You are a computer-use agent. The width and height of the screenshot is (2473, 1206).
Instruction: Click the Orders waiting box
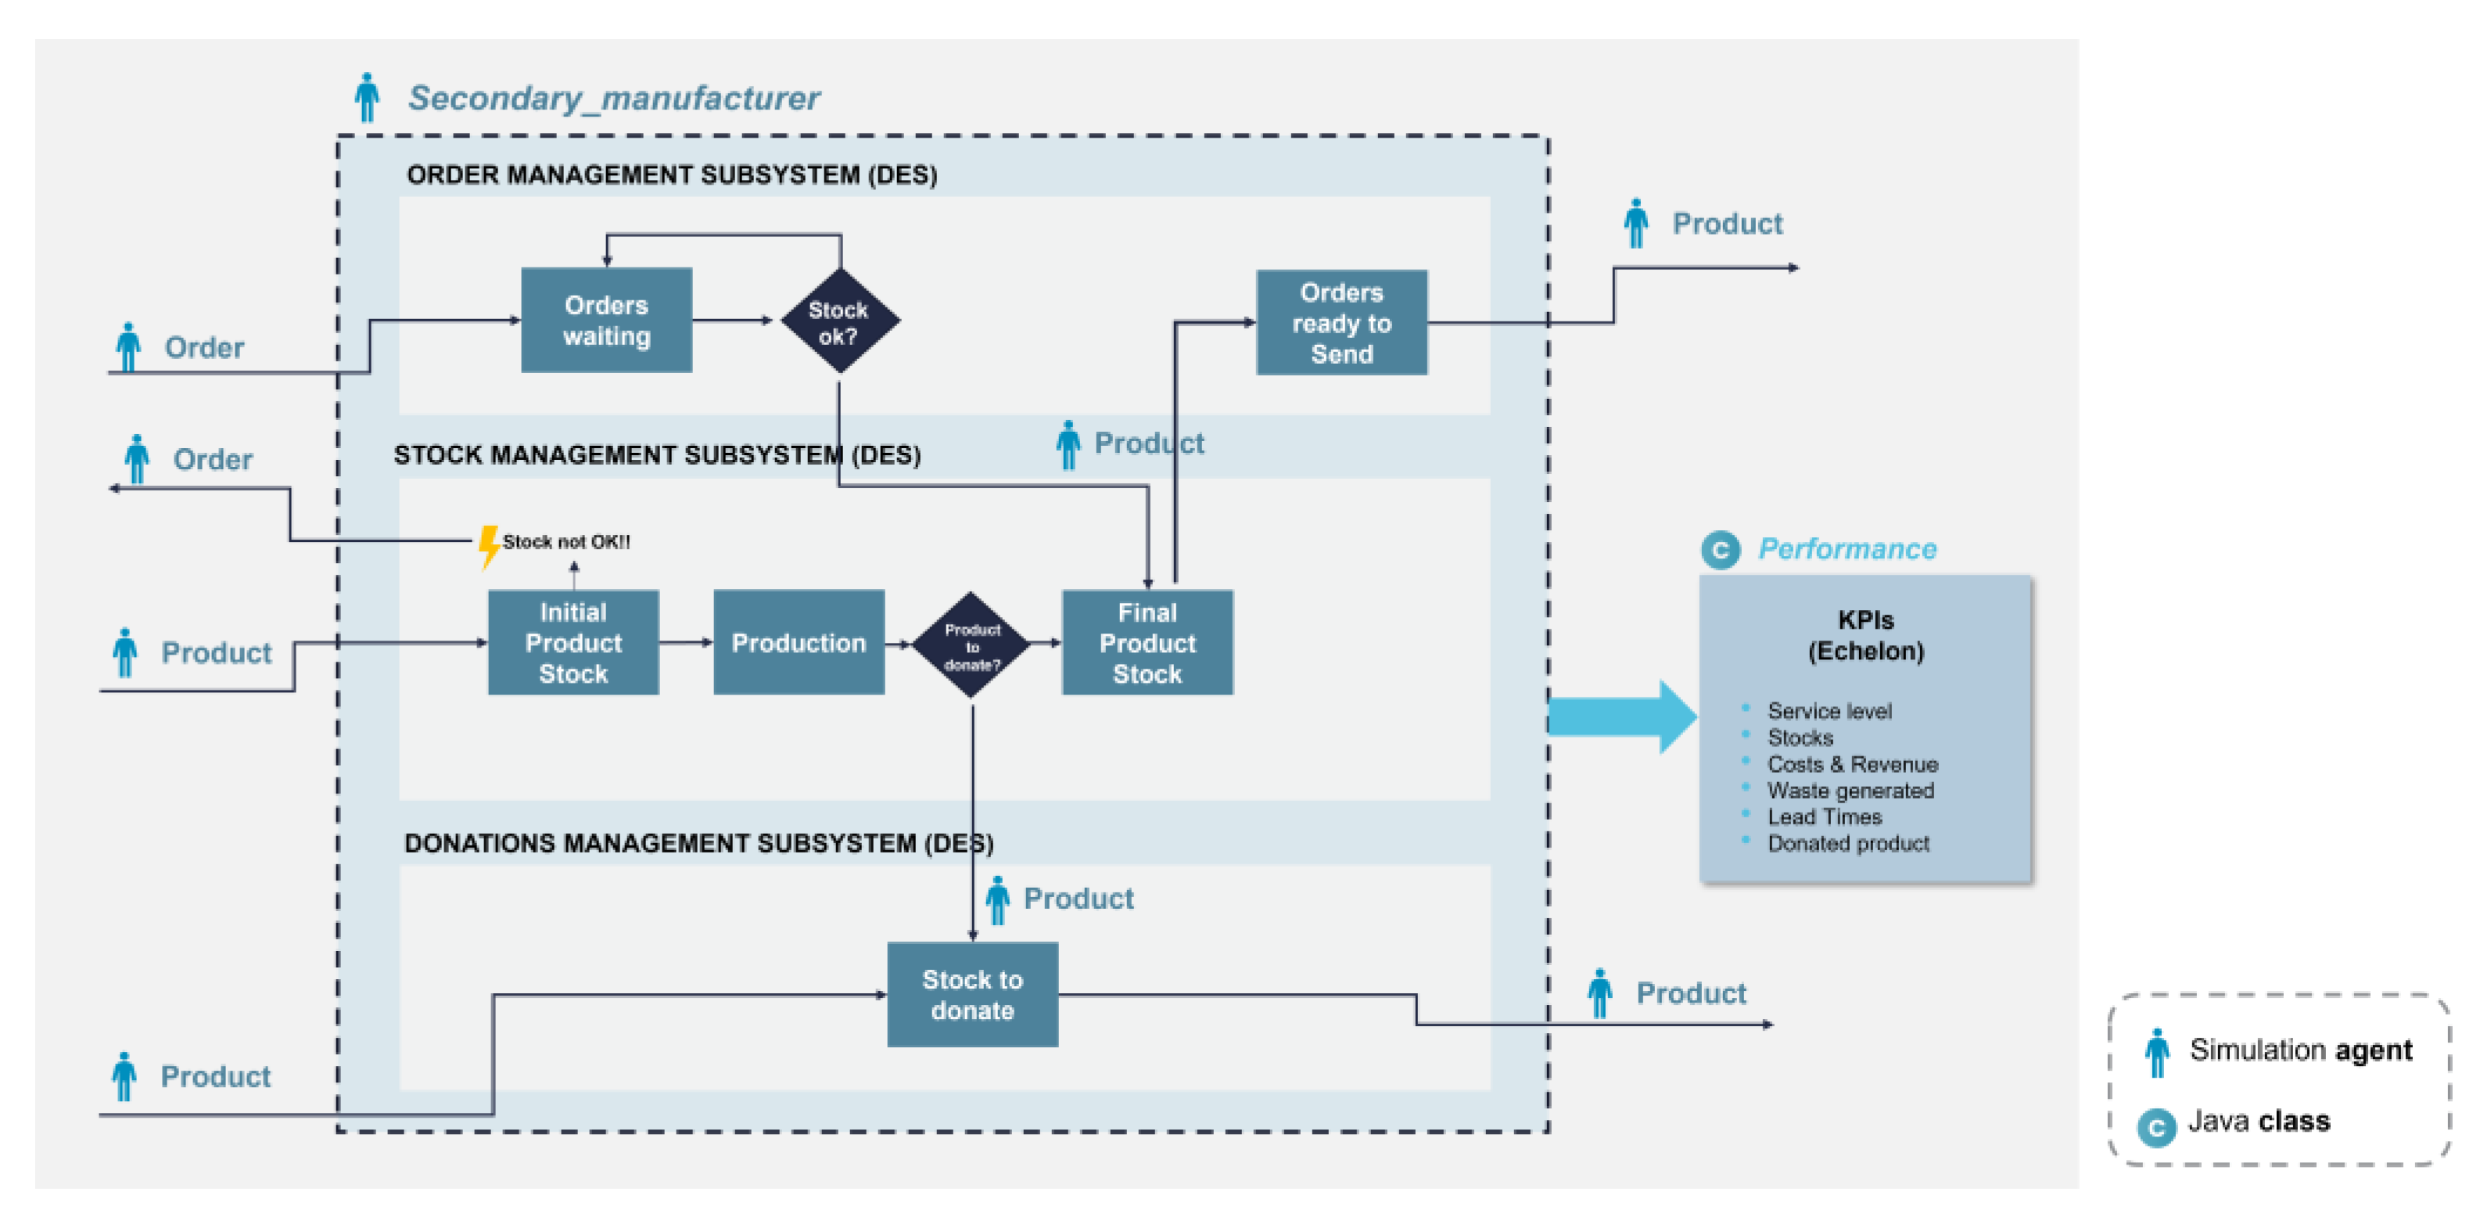(606, 321)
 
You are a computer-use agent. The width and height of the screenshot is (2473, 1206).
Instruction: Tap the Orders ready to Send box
(1341, 323)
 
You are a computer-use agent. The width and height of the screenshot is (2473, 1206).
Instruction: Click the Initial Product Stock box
(573, 642)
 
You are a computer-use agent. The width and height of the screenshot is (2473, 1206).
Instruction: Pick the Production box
(799, 642)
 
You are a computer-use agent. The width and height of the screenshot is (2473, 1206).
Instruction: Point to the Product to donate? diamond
(971, 645)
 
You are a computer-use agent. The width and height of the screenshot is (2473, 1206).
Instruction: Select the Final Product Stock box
(1147, 642)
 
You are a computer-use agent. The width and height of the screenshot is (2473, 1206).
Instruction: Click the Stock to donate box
(971, 995)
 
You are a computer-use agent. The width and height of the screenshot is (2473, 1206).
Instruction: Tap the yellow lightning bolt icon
(489, 545)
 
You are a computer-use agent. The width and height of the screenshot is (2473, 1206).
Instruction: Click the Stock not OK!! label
(566, 541)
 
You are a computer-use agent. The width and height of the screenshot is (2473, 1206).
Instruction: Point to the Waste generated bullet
(1850, 790)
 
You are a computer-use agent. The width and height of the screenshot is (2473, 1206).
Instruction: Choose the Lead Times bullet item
(1824, 817)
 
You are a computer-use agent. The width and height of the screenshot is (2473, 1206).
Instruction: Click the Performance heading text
(1847, 548)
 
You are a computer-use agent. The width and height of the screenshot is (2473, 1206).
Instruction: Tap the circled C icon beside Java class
(2156, 1126)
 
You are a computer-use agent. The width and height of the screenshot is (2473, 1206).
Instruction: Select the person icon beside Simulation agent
(2157, 1053)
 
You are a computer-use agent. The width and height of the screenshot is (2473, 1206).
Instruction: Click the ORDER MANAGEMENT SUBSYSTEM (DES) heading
(672, 174)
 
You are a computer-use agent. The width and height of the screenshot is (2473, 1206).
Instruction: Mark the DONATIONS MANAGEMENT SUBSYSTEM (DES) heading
(698, 843)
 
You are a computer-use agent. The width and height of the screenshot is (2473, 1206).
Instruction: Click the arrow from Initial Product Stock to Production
(685, 642)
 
